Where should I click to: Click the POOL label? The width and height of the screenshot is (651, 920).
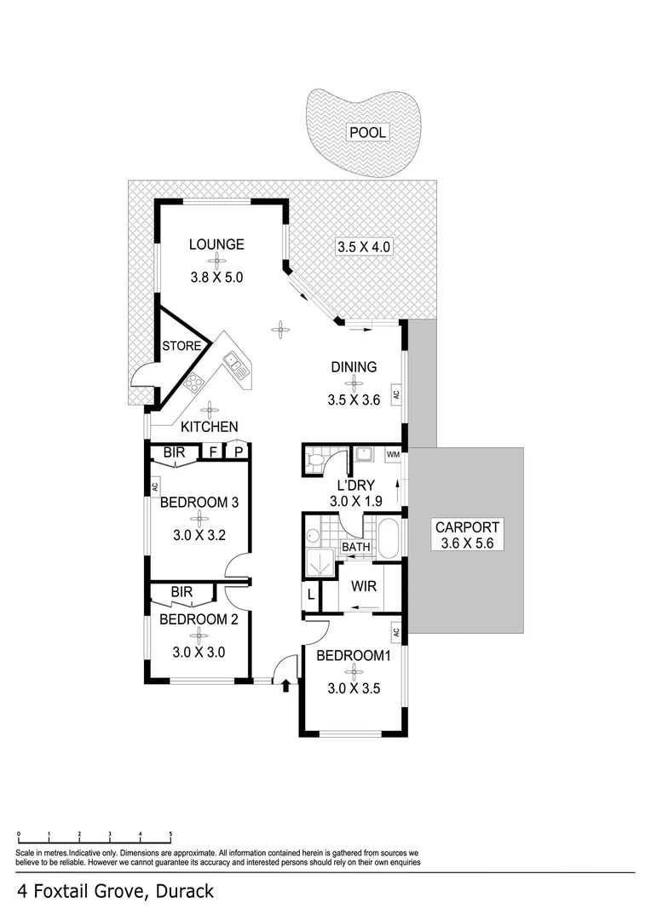click(x=366, y=132)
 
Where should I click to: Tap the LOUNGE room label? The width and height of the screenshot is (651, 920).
click(x=216, y=245)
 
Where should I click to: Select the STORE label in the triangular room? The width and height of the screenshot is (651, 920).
click(x=182, y=347)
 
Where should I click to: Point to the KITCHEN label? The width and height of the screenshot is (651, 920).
click(x=209, y=426)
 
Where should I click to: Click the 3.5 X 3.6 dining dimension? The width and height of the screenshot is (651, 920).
click(x=353, y=399)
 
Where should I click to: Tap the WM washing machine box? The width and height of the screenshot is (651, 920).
click(x=393, y=456)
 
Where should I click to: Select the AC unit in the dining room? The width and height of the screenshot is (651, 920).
click(x=396, y=394)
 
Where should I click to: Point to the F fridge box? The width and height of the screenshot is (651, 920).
click(x=213, y=452)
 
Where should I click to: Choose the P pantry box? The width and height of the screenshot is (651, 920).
click(x=239, y=452)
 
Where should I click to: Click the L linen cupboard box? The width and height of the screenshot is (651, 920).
click(x=311, y=595)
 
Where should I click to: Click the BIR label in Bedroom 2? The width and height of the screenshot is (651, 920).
click(x=181, y=592)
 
